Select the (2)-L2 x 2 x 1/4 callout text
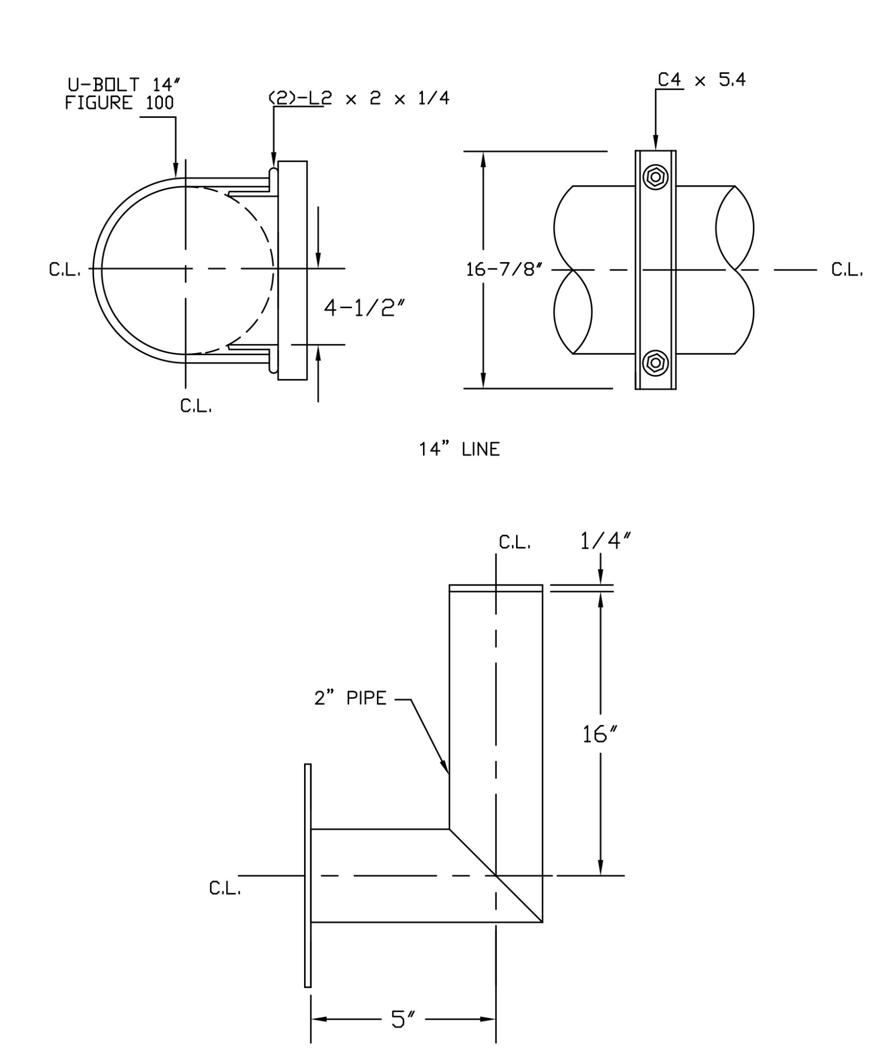358,98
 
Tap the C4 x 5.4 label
701,80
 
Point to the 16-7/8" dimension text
503,269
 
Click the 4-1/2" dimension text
364,309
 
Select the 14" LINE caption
459,449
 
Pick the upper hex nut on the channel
655,177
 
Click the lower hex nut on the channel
655,362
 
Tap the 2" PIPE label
350,698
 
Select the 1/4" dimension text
606,541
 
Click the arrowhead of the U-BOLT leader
176,171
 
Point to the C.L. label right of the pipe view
846,270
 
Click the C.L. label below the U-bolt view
196,406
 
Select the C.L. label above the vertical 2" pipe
515,542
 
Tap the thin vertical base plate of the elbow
308,875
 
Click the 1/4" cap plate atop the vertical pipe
495,588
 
